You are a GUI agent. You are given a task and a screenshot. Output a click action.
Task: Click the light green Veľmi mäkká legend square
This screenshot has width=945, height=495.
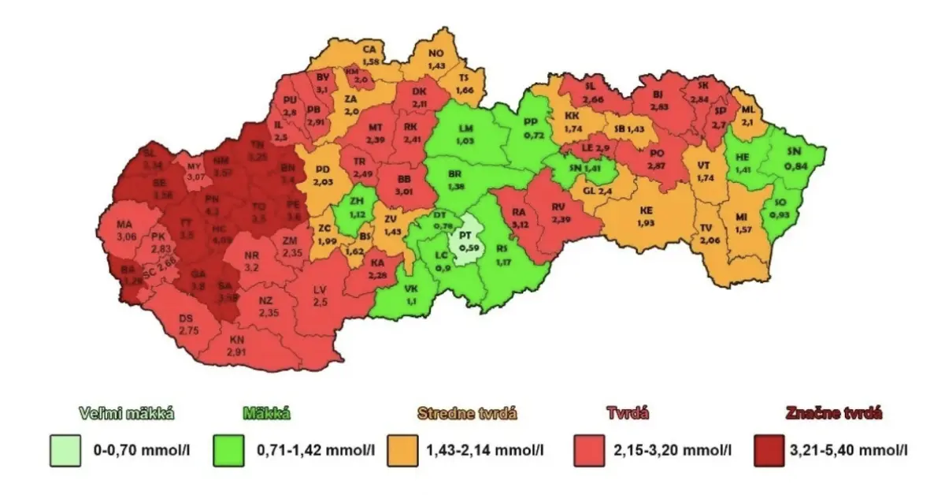(65, 452)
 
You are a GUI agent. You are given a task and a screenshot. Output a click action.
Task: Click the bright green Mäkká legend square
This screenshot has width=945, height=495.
(231, 452)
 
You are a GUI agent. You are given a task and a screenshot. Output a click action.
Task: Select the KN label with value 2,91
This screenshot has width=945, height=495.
(237, 346)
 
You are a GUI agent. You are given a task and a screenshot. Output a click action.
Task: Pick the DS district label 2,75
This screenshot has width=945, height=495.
(187, 324)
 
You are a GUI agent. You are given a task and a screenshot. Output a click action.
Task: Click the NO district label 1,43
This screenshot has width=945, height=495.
(436, 58)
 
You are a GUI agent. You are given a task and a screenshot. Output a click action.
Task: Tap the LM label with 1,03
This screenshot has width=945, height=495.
(466, 134)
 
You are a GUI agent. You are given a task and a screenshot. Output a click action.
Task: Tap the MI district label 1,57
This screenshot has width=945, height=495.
(743, 222)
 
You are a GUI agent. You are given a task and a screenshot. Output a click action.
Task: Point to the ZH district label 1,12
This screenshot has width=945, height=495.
(358, 207)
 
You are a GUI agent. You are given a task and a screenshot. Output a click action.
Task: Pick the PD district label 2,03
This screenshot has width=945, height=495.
(322, 175)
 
